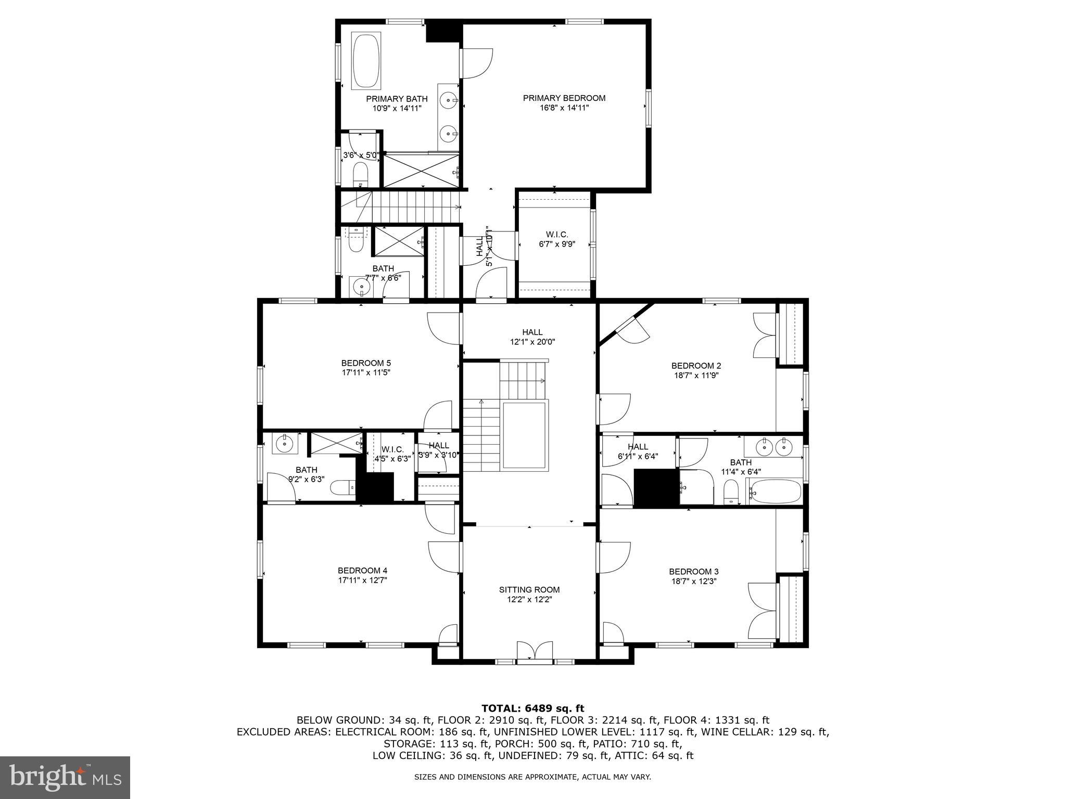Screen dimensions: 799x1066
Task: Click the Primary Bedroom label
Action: pyautogui.click(x=564, y=98)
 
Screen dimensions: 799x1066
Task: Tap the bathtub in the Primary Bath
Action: pyautogui.click(x=366, y=61)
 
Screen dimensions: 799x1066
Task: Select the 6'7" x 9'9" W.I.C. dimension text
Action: pyautogui.click(x=556, y=244)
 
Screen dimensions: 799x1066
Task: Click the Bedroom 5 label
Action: pyautogui.click(x=366, y=363)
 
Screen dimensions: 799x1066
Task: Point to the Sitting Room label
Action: pyautogui.click(x=529, y=589)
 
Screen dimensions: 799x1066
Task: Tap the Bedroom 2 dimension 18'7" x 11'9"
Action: pyautogui.click(x=696, y=375)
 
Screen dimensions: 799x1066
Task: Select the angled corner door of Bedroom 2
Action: pyautogui.click(x=631, y=327)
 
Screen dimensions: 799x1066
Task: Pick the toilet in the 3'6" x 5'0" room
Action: pyautogui.click(x=360, y=174)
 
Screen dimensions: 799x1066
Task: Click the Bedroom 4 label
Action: pyautogui.click(x=362, y=570)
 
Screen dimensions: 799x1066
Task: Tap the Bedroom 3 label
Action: pyautogui.click(x=694, y=571)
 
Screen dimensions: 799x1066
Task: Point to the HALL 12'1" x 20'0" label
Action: pyautogui.click(x=532, y=332)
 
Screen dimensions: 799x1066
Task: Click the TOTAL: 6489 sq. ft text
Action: pyautogui.click(x=532, y=708)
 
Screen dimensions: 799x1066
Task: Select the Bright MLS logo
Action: pyautogui.click(x=65, y=777)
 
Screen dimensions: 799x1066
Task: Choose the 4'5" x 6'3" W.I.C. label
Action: pyautogui.click(x=392, y=449)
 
